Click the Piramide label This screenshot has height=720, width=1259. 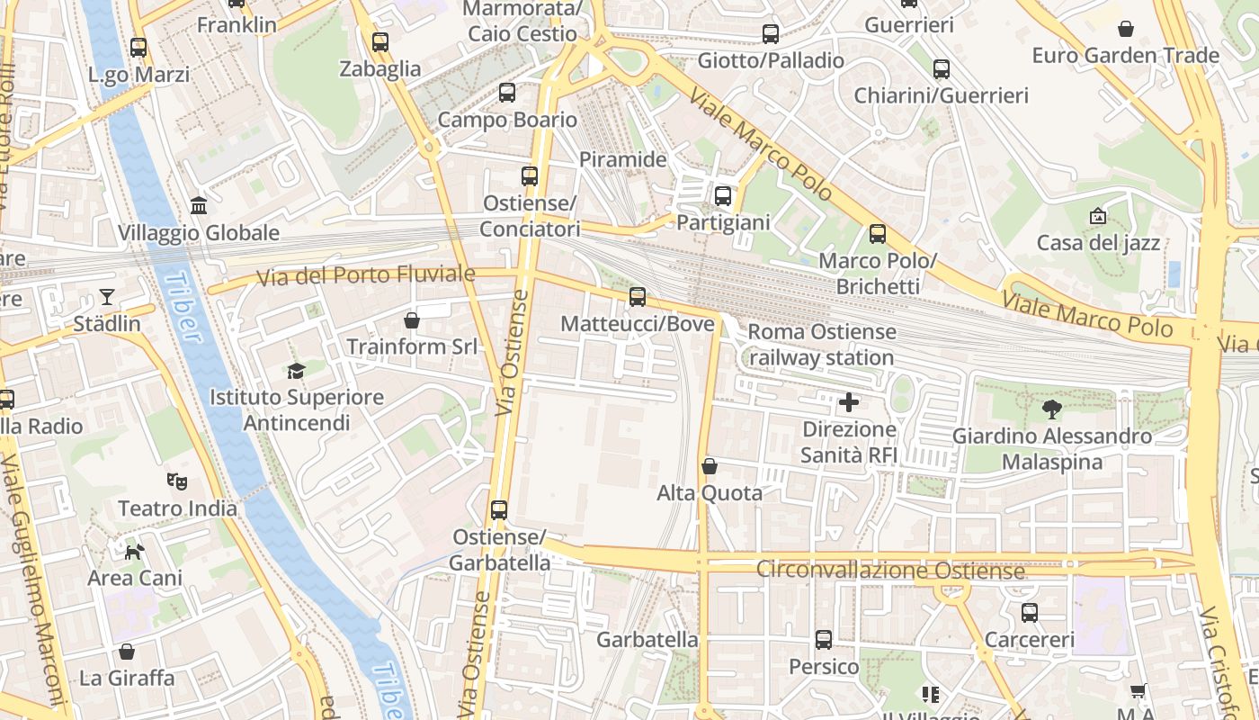622,159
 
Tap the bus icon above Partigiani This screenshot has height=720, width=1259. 723,195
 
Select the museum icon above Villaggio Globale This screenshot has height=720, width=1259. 199,206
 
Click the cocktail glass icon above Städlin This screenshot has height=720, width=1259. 107,296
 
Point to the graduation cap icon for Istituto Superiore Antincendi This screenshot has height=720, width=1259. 296,370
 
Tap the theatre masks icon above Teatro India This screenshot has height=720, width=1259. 177,481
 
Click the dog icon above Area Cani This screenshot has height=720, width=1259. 134,551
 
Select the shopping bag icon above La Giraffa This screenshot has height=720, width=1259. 127,651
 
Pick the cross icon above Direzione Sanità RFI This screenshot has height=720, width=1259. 848,402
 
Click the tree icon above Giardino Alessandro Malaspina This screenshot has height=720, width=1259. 1051,409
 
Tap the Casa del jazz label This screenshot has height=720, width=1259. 1098,243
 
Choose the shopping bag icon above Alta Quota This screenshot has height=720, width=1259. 710,465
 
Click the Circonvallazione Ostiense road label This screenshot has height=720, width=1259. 890,571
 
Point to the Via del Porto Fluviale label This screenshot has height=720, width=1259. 366,274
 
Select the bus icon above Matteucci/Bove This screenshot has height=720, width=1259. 638,296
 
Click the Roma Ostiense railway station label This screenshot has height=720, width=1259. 821,345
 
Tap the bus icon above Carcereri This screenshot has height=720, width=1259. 1030,613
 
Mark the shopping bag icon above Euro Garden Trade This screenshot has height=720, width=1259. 1125,29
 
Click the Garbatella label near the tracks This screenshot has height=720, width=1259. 647,640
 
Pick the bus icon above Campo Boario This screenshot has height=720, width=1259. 507,92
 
